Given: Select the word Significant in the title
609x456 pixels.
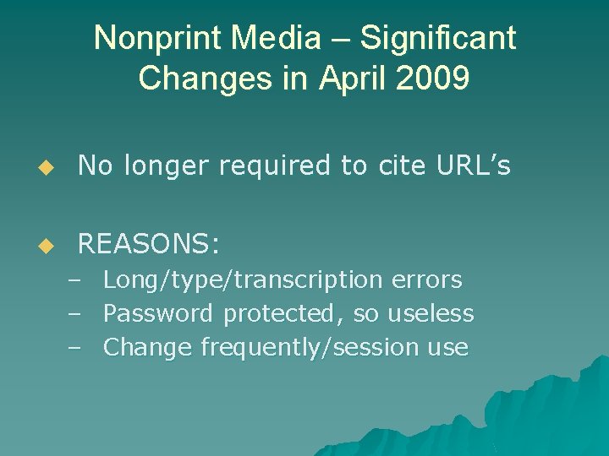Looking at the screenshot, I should [437, 39].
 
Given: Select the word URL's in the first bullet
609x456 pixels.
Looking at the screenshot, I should [474, 166].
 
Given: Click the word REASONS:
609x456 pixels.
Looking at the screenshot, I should [149, 245].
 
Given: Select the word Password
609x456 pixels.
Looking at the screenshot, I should [158, 313].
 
